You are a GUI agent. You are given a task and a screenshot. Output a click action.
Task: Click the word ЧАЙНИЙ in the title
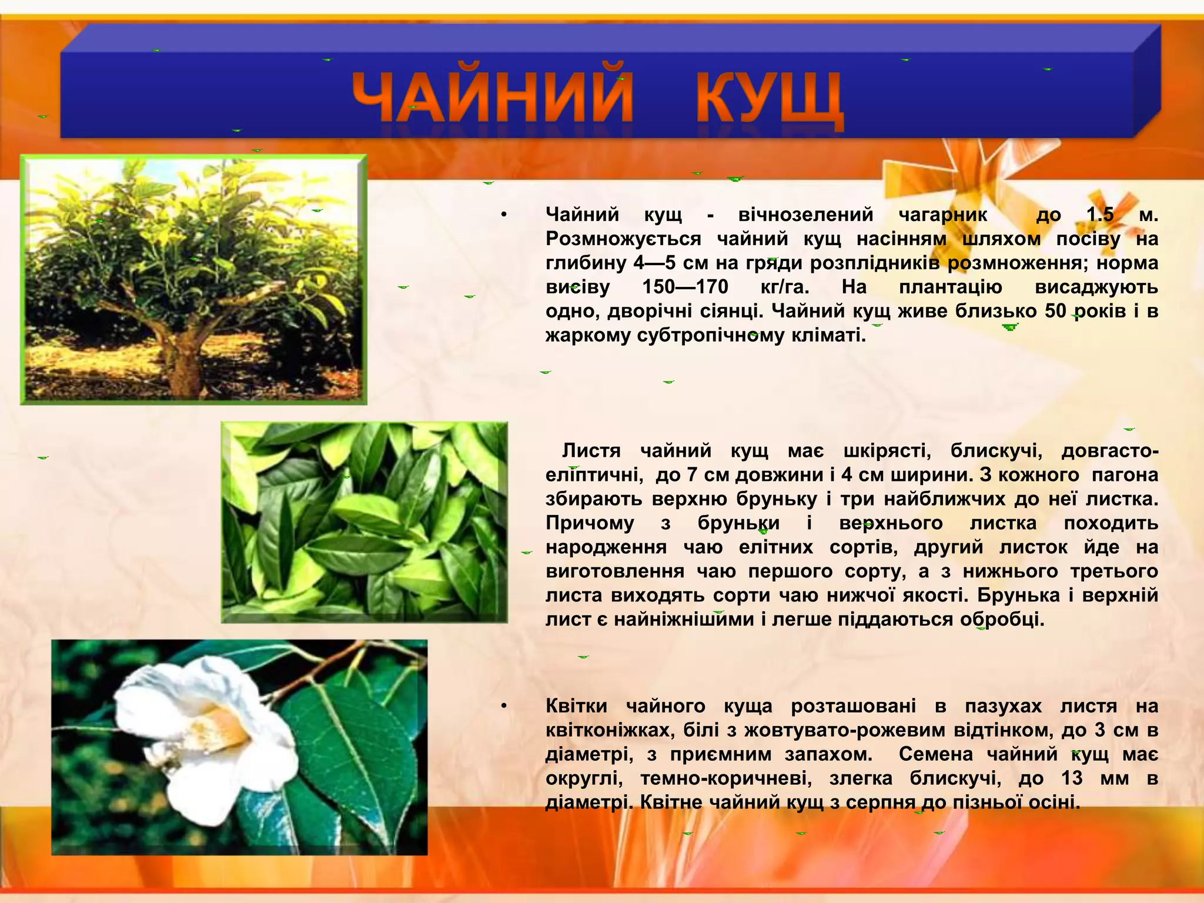[x=493, y=98]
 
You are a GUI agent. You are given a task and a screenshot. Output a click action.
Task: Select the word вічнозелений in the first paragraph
[x=806, y=215]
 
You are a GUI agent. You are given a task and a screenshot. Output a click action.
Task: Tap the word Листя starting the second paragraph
[x=591, y=451]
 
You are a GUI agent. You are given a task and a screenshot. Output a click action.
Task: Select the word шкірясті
[x=887, y=451]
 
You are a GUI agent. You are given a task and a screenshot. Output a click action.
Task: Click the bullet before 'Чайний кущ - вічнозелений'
[x=504, y=215]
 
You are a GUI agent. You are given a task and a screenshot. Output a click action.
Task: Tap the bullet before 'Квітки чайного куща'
[x=504, y=706]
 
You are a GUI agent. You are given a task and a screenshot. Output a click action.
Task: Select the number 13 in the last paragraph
[x=1072, y=778]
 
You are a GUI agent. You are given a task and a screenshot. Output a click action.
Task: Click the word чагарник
[x=943, y=215]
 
